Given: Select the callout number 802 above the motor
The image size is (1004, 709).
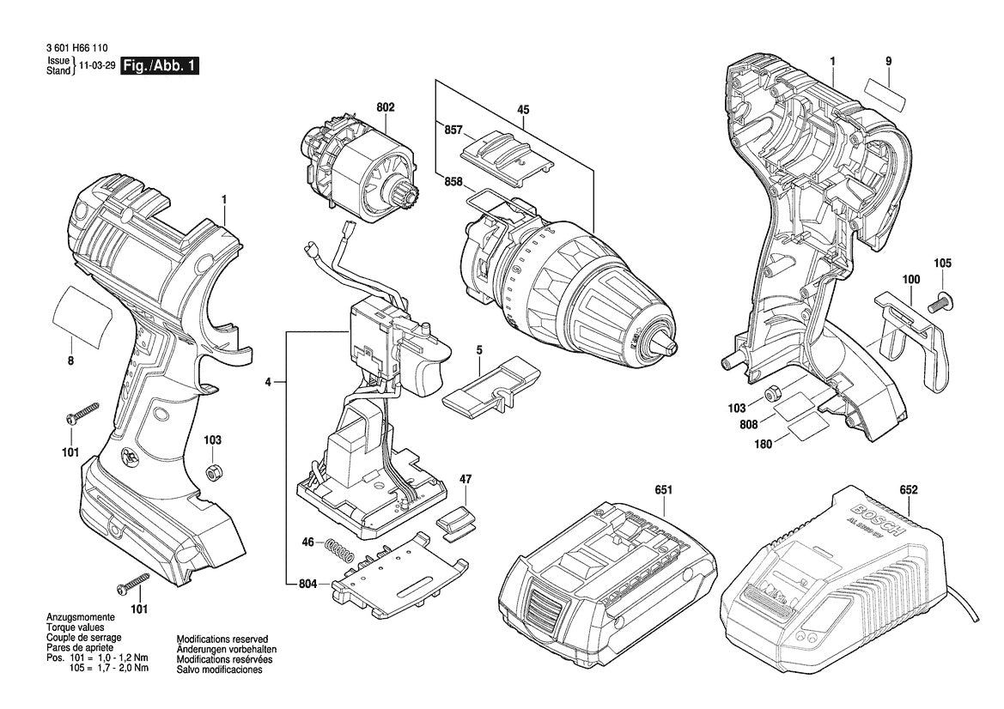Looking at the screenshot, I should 386,107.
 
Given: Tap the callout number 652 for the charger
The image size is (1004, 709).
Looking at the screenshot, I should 909,490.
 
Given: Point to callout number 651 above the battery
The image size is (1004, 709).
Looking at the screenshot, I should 662,490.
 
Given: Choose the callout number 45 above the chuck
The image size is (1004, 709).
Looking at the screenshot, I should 522,109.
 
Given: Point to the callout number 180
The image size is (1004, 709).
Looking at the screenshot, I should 762,444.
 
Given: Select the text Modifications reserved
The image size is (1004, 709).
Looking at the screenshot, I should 222,639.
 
